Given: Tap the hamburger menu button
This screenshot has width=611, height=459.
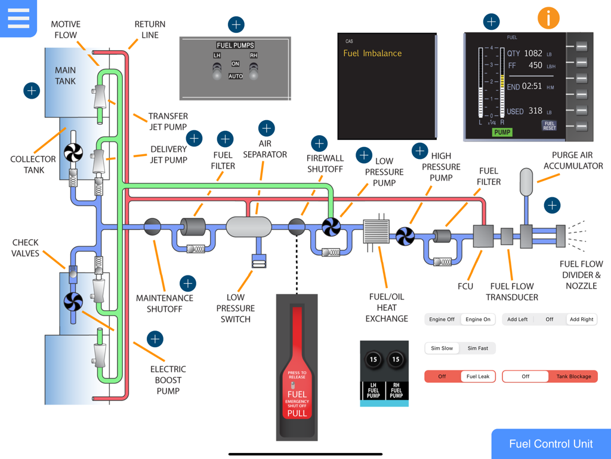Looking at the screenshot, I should point(18,18).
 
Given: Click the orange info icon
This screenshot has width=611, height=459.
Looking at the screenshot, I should point(548,19).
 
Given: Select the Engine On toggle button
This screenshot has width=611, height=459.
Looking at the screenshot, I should point(478,319).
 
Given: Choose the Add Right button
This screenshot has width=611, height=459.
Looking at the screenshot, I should point(581,319).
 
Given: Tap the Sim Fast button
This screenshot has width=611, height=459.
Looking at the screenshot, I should point(478,348).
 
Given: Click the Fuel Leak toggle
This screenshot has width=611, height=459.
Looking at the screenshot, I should point(478,377).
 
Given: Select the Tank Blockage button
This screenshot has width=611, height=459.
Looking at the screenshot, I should point(573,377).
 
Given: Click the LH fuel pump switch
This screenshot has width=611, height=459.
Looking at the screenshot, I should point(217,71).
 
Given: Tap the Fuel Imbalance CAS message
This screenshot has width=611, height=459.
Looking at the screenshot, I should point(372,54).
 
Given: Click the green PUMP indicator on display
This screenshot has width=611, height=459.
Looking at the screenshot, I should point(502,132).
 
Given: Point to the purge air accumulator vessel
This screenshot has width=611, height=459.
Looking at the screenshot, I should point(526,182).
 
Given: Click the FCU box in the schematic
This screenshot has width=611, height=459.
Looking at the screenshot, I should point(483,236).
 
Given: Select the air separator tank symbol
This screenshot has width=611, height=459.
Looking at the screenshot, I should point(249,227).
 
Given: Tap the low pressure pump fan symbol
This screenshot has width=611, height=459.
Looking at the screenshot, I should point(331,227).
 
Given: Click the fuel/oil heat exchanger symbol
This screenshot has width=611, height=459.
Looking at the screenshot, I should point(377,232).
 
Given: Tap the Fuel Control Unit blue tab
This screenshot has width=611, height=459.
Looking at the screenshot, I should point(551,443).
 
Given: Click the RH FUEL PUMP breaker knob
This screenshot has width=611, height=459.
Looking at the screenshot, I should point(396,360).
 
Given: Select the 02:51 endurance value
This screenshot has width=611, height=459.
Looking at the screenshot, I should point(532,87).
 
